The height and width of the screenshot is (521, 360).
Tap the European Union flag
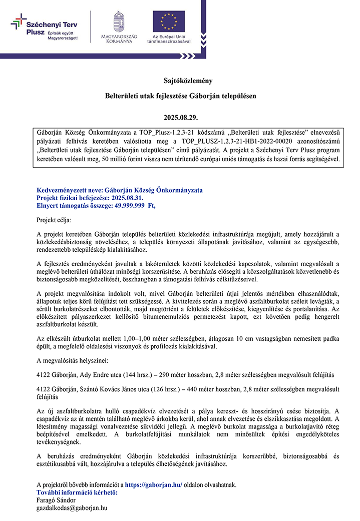(168, 22)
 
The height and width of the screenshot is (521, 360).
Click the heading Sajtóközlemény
(180, 80)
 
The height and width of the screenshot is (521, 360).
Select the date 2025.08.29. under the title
(180, 118)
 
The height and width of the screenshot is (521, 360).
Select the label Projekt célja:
(54, 219)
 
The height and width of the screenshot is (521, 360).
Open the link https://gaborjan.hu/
(153, 485)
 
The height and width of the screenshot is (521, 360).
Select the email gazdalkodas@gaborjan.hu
(72, 507)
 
